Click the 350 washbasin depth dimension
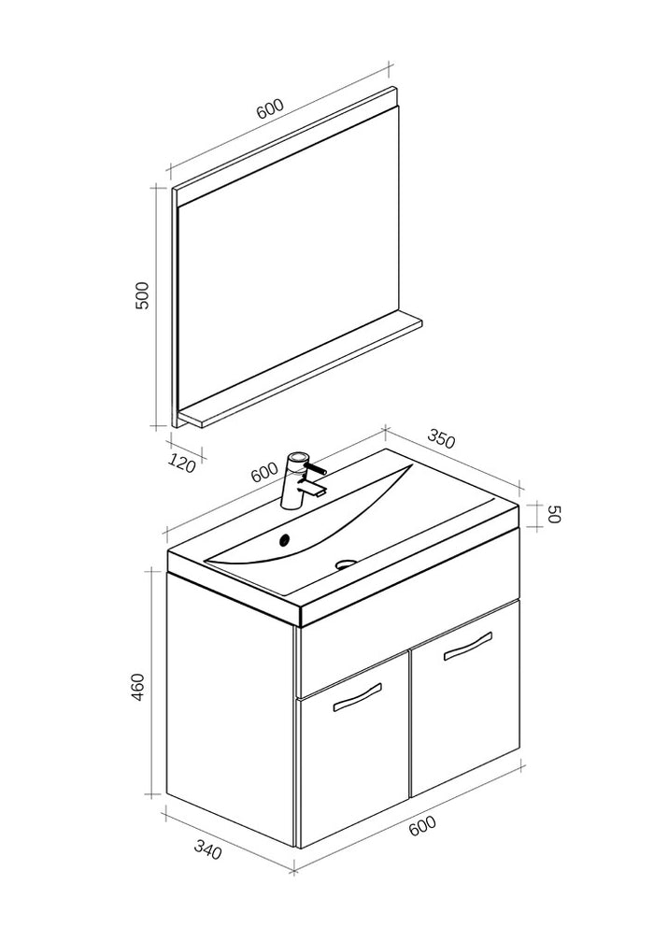[x=441, y=438]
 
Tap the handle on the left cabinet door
[x=357, y=697]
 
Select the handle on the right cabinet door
[x=467, y=646]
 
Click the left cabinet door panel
[x=352, y=766]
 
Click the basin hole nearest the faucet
[x=286, y=538]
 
